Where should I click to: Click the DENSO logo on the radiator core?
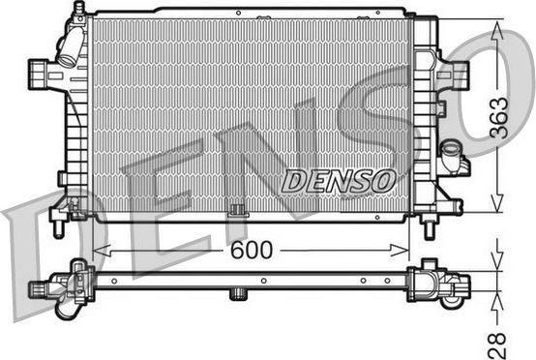339,179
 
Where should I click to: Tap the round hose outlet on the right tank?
450,152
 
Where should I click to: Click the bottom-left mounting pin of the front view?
59,226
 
